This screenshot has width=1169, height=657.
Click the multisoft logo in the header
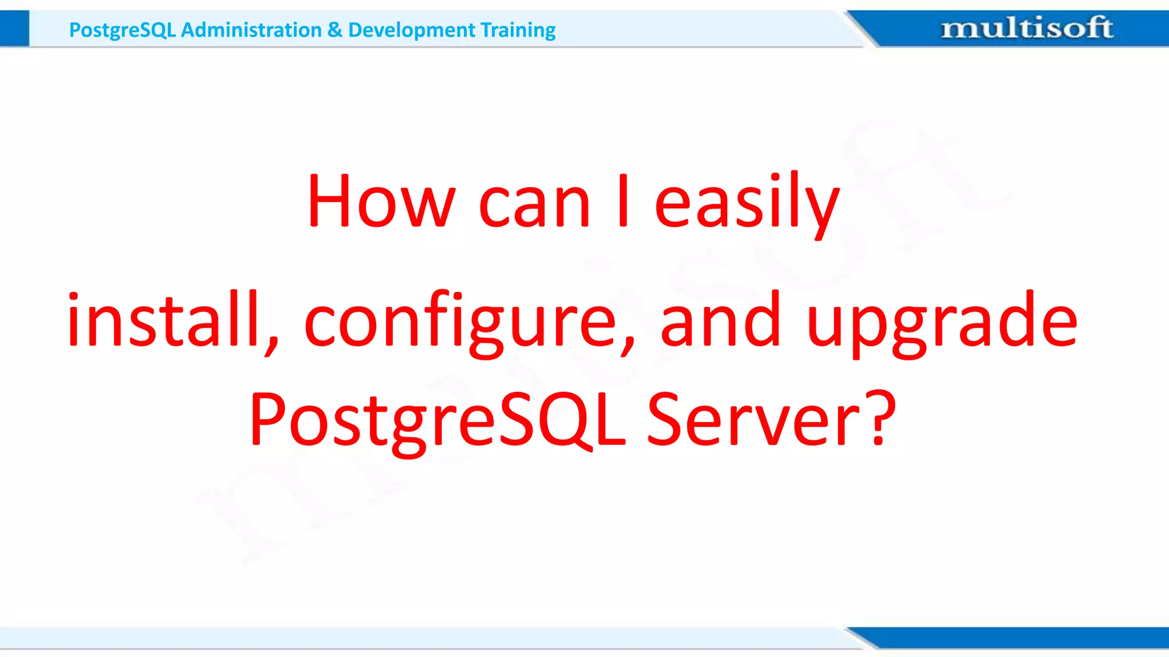(x=1026, y=28)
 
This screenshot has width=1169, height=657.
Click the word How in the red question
(x=381, y=201)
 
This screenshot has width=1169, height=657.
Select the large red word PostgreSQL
(x=437, y=421)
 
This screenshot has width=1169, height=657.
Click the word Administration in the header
(x=251, y=30)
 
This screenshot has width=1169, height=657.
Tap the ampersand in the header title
(x=335, y=30)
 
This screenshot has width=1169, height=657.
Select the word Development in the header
(x=411, y=30)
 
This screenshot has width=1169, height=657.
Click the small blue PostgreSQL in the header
(x=122, y=30)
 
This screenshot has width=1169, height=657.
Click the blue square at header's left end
(x=14, y=29)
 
